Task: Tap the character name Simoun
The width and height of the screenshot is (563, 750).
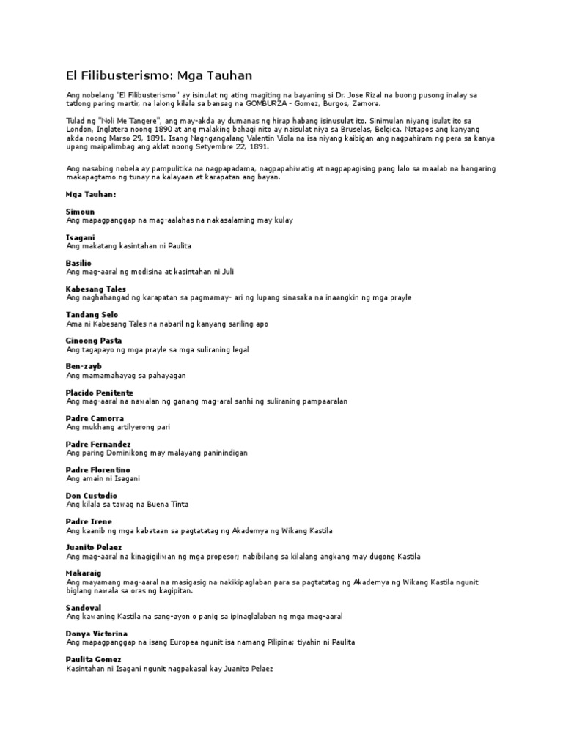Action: coord(80,212)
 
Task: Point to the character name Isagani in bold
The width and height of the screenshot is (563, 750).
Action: coord(81,238)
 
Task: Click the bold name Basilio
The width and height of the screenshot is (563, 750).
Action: coord(79,263)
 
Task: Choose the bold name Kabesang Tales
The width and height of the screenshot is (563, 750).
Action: coord(96,289)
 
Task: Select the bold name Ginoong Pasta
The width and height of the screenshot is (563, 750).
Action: coord(94,341)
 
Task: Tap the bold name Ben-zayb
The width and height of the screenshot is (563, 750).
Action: coord(84,366)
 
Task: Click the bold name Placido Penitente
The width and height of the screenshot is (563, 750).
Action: coord(100,393)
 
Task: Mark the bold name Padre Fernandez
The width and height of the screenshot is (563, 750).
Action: coord(98,444)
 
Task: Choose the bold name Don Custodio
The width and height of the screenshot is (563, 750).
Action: coord(92,496)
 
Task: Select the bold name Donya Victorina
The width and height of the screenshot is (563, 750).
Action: coord(97,633)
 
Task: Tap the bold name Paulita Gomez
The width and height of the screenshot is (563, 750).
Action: coord(94,659)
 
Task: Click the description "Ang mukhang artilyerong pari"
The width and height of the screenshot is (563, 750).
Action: coord(118,427)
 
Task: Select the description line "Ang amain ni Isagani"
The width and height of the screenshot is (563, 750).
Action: coord(103,478)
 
